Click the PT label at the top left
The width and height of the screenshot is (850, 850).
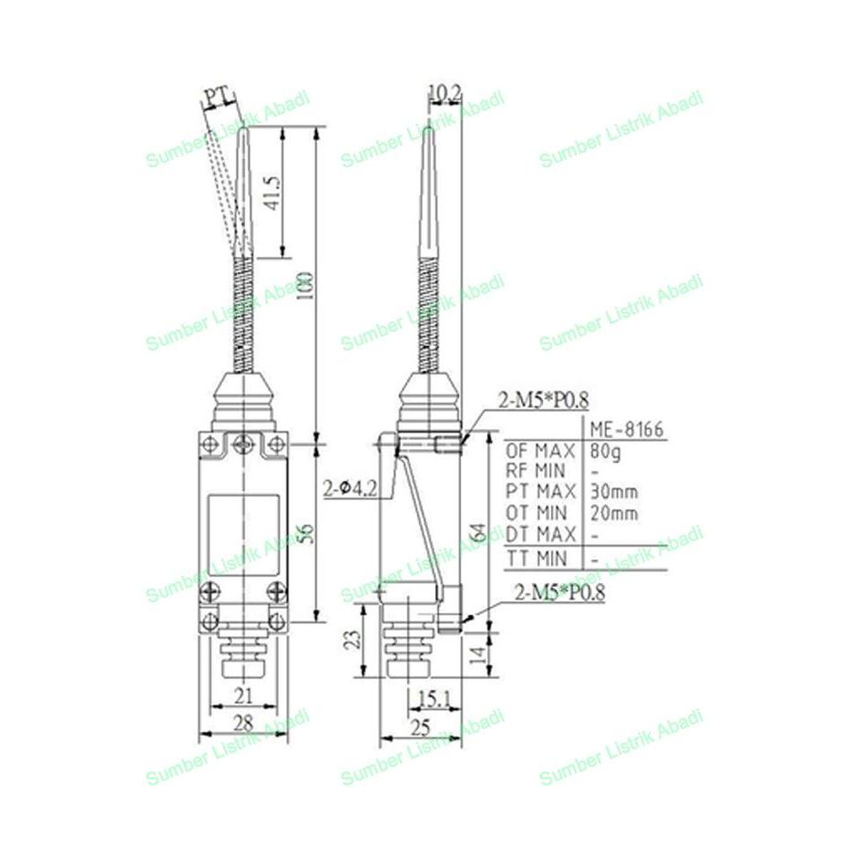tap(215, 96)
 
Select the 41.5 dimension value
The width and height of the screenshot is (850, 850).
tap(271, 192)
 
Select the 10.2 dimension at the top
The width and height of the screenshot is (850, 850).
tap(445, 92)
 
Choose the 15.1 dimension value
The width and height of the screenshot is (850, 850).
tap(434, 699)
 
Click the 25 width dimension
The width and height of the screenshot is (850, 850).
tap(419, 726)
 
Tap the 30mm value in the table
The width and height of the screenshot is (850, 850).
tap(612, 492)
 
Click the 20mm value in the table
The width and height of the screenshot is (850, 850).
tap(612, 513)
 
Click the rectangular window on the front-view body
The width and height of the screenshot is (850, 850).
tap(241, 530)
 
